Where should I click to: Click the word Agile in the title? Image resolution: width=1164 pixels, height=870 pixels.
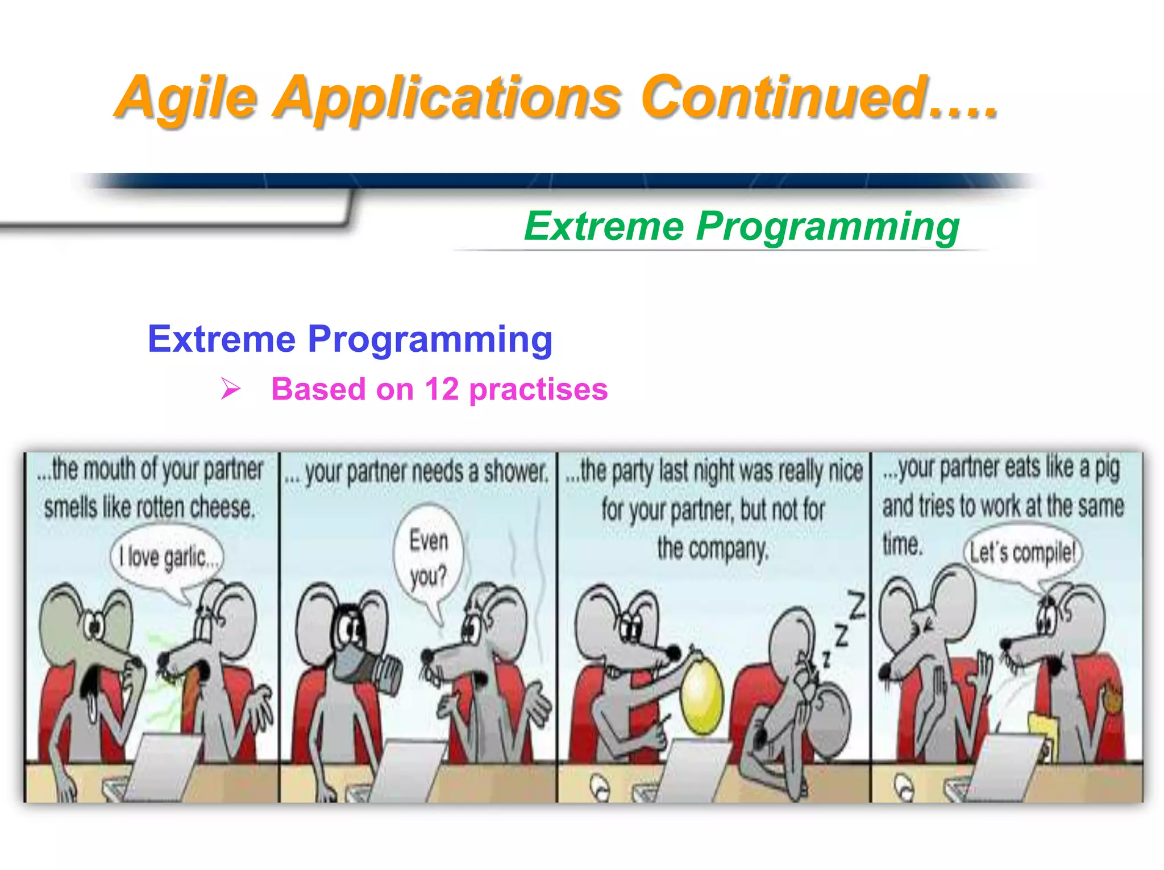pyautogui.click(x=188, y=98)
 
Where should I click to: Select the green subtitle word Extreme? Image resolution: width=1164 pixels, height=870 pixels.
pyautogui.click(x=604, y=226)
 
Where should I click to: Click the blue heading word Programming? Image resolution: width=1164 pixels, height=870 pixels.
pyautogui.click(x=430, y=339)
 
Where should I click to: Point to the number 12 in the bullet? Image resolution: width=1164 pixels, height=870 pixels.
pyautogui.click(x=441, y=390)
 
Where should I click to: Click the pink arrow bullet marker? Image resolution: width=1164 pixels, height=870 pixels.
pyautogui.click(x=231, y=389)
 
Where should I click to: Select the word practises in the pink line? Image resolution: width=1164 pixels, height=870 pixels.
pyautogui.click(x=538, y=390)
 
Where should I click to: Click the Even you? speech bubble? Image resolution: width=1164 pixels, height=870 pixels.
pyautogui.click(x=429, y=557)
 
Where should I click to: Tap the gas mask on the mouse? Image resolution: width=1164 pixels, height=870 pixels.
pyautogui.click(x=364, y=662)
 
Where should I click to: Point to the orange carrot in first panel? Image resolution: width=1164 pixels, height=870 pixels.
pyautogui.click(x=190, y=690)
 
